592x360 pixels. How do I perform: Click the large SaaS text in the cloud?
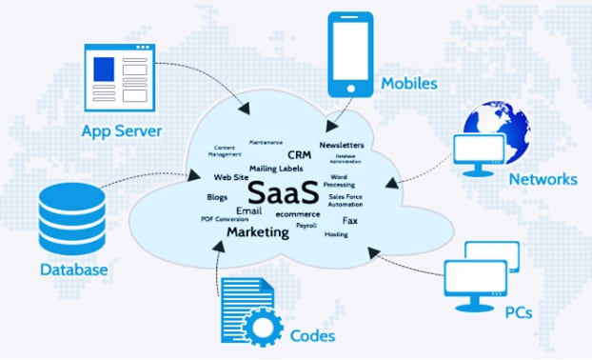(x=286, y=187)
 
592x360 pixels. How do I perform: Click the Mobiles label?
(x=409, y=83)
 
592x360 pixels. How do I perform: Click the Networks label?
(x=543, y=179)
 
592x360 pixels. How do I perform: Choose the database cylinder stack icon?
(x=69, y=218)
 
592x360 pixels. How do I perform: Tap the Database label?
(x=73, y=270)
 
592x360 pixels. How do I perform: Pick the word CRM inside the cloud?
(x=298, y=154)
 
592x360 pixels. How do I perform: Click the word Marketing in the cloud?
(x=257, y=231)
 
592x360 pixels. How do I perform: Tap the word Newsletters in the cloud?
(x=342, y=145)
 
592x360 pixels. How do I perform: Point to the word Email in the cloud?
(x=248, y=210)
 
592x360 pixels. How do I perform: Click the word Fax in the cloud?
(x=349, y=220)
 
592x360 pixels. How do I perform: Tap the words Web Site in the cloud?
(x=231, y=177)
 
